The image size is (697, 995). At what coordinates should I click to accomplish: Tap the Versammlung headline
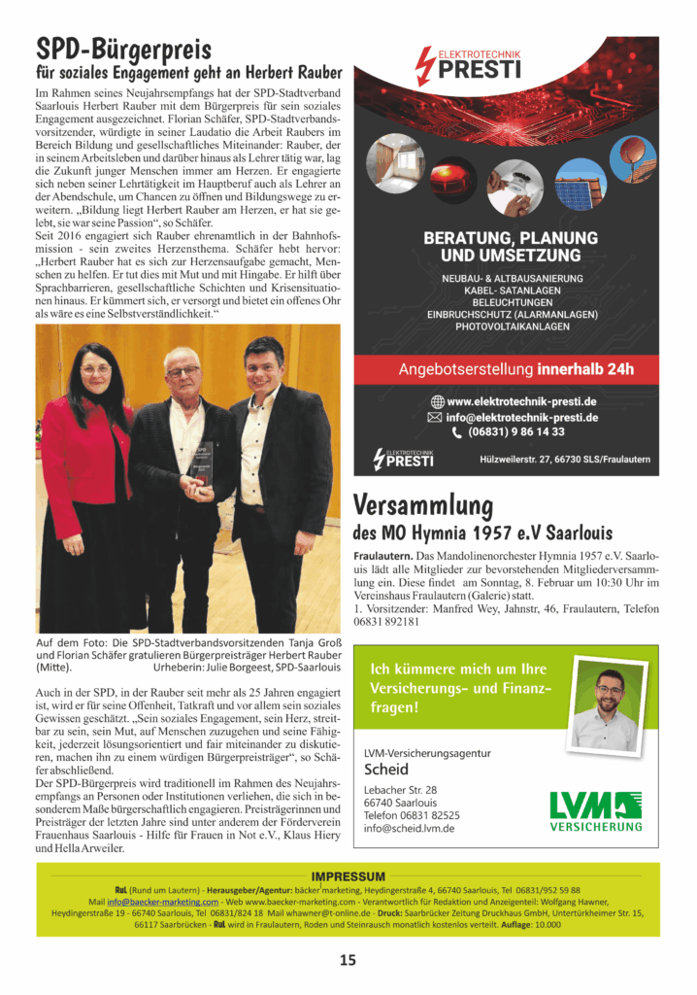[423, 505]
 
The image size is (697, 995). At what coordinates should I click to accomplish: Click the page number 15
[348, 960]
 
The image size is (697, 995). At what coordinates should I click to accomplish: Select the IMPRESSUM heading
[348, 876]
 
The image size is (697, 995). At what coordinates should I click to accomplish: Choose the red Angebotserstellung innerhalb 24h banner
[506, 369]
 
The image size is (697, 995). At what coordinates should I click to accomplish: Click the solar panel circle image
[581, 184]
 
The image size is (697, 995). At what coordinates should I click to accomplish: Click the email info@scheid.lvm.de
[409, 829]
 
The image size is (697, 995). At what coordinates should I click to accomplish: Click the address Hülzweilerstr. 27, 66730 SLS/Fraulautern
[564, 460]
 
